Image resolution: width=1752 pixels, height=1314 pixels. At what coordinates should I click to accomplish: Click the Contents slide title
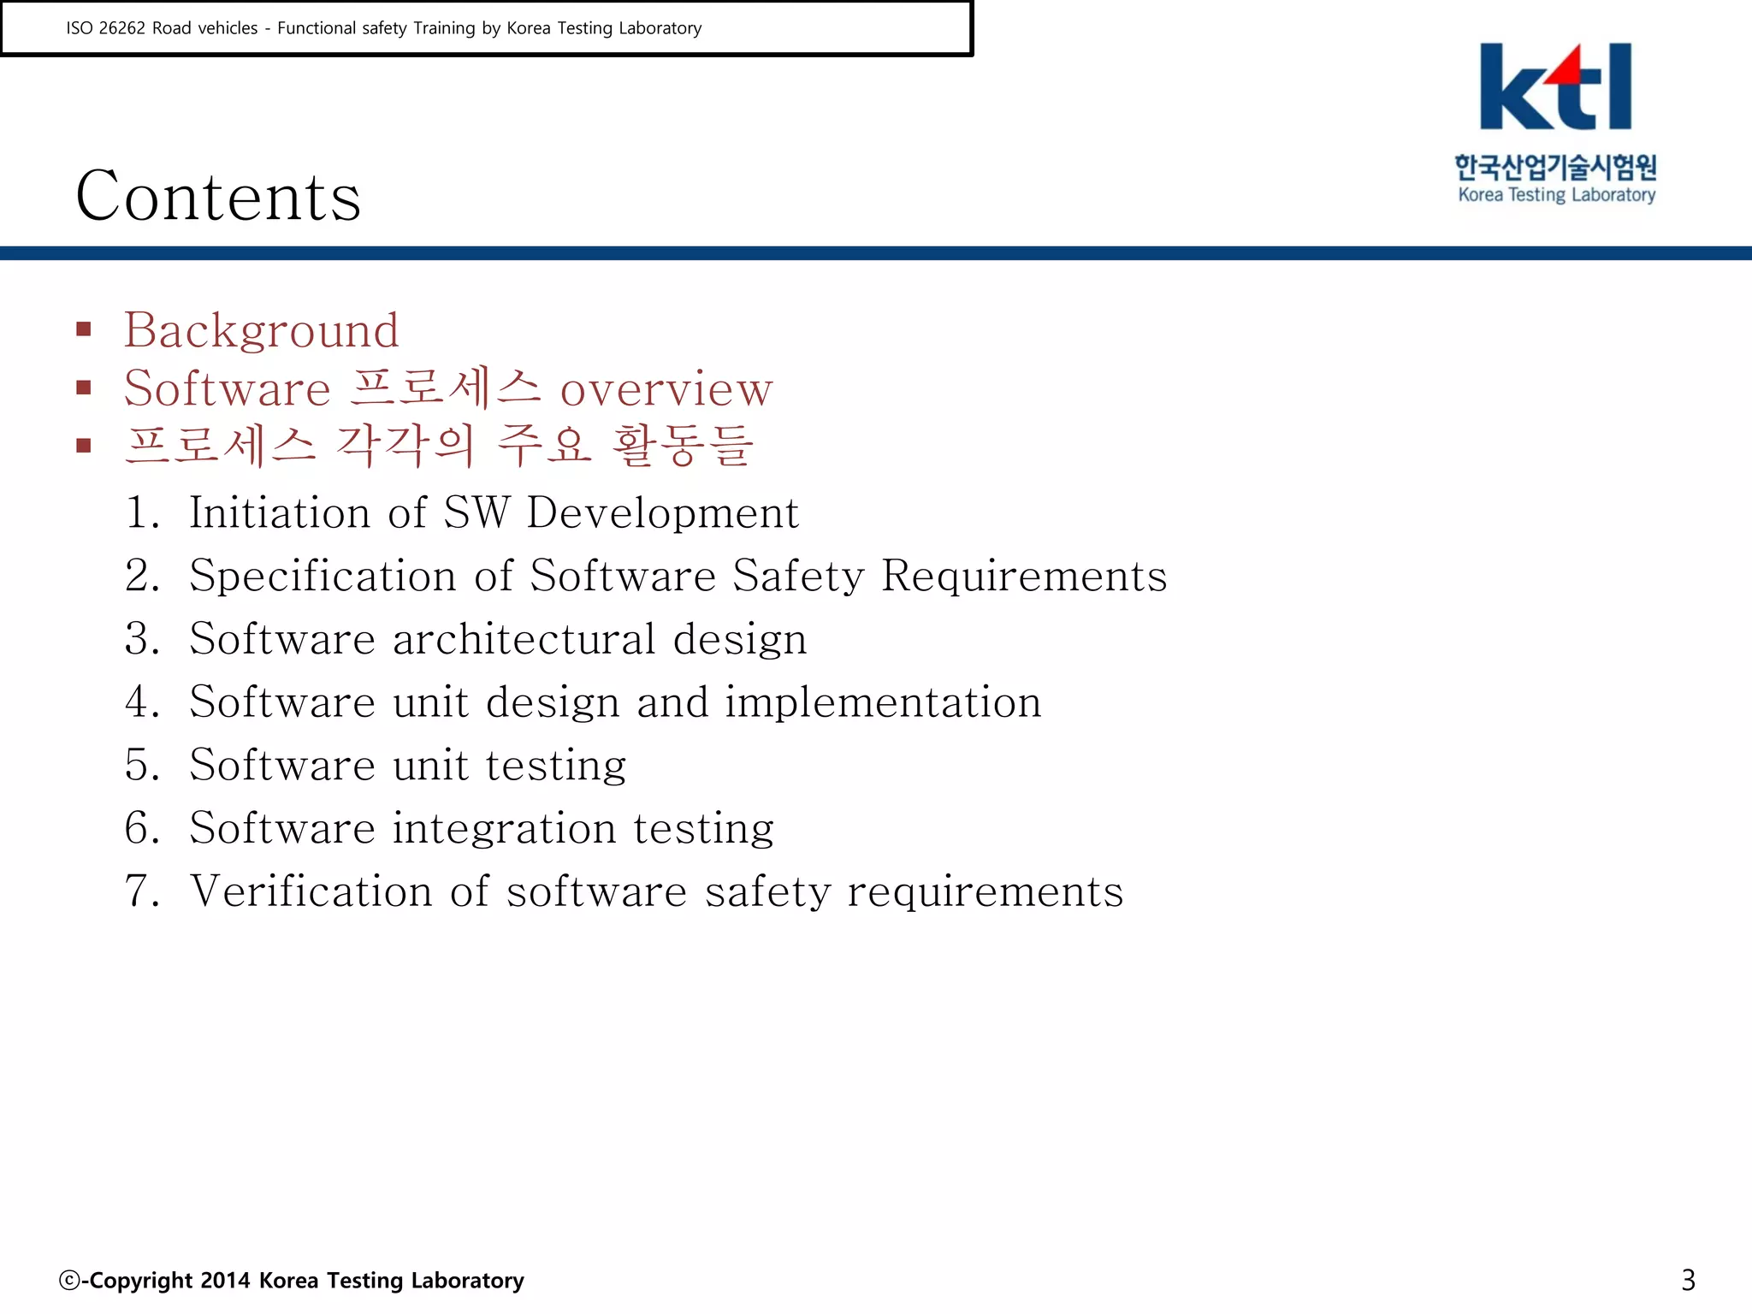point(218,196)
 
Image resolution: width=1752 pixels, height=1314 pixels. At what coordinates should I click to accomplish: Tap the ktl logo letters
point(1555,87)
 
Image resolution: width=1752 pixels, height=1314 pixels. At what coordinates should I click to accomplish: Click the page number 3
point(1688,1280)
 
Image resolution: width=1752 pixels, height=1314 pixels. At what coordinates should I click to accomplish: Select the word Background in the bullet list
point(261,330)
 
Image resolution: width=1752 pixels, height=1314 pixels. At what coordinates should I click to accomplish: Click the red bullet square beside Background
point(84,329)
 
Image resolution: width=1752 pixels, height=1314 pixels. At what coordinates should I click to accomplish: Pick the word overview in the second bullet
point(666,388)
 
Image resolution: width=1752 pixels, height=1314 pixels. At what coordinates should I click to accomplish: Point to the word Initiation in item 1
point(279,512)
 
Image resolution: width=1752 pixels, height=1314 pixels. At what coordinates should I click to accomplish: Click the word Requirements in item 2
point(1024,576)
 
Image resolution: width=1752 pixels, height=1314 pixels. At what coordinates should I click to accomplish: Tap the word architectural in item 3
point(524,639)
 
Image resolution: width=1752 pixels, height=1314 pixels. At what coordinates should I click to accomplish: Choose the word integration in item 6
point(504,828)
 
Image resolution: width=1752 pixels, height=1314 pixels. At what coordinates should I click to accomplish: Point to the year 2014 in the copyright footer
point(226,1281)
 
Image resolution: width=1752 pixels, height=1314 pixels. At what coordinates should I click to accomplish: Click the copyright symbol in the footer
point(68,1281)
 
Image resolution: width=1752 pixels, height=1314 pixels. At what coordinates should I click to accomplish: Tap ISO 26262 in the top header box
point(106,28)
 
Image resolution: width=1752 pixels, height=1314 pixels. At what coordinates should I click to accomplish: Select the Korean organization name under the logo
point(1555,166)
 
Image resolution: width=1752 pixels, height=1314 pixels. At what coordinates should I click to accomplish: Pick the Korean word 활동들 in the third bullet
point(683,446)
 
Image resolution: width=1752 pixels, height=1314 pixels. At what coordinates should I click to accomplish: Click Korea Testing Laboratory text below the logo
point(1556,195)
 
